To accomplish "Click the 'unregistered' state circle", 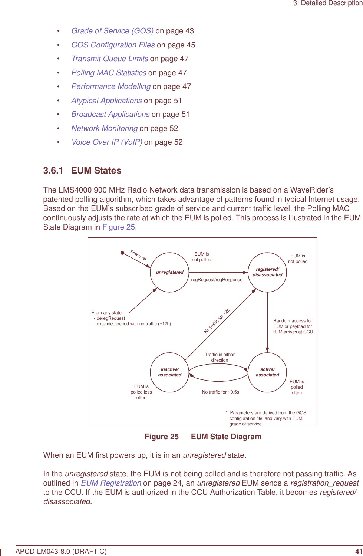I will click(169, 272).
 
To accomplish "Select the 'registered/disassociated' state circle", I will click(267, 272).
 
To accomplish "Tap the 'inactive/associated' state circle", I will click(169, 372).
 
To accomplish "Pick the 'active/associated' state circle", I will click(267, 372).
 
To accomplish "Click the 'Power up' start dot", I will click(122, 253).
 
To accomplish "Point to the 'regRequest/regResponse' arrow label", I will click(217, 280).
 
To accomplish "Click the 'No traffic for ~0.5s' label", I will click(220, 392).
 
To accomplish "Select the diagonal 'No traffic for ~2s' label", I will click(217, 321).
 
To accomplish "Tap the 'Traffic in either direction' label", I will click(220, 357).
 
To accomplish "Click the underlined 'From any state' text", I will click(106, 313).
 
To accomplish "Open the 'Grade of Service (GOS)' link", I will click(112, 31).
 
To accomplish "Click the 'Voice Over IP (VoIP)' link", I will click(106, 142).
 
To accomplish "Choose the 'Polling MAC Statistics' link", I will click(109, 73).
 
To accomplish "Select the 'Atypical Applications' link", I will click(106, 101).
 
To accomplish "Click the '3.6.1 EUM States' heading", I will click(82, 171).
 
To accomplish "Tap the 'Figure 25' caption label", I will click(162, 437).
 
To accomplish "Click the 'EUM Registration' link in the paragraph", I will click(111, 483).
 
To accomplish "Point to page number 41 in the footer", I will click(358, 551).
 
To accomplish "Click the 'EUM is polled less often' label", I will click(141, 392).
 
